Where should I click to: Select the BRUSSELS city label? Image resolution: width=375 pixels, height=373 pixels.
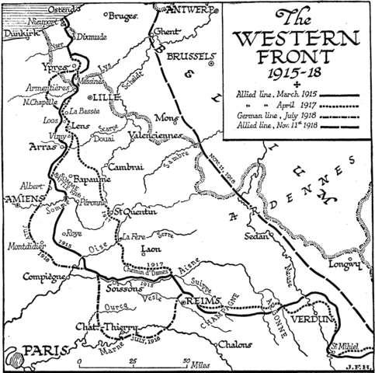(x=188, y=58)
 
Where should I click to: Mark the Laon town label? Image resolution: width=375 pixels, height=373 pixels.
(x=150, y=249)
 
